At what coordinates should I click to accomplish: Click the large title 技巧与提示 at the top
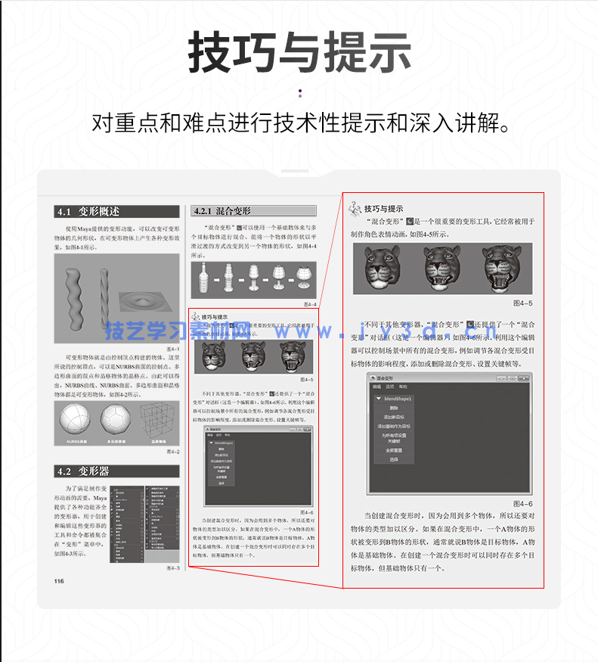click(299, 54)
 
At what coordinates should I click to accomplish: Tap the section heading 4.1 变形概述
click(88, 212)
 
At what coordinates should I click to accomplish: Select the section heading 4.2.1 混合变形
click(223, 212)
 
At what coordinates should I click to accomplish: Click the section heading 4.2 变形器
click(84, 471)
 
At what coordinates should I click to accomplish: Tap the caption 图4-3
click(172, 568)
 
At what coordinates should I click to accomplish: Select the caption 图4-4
click(309, 304)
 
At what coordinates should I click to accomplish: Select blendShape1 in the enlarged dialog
click(398, 398)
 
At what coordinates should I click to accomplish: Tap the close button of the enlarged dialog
click(523, 378)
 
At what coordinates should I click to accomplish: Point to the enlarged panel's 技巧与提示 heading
click(383, 208)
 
